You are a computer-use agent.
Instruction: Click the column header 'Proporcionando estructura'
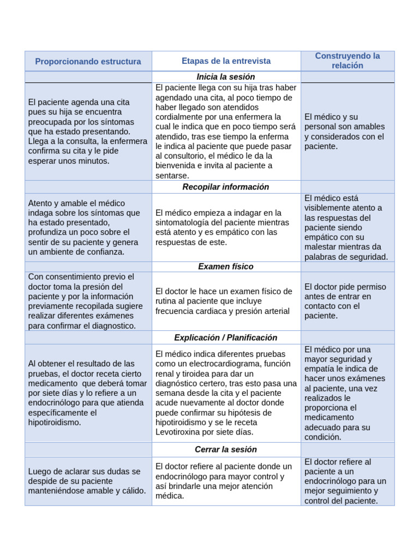tap(88, 61)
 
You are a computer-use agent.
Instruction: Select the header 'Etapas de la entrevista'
tap(226, 61)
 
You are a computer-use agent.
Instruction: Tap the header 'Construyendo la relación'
tap(347, 61)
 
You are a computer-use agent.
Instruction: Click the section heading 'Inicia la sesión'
tap(226, 77)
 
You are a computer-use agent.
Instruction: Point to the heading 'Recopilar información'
tap(226, 187)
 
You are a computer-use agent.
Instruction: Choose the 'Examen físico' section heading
tap(226, 266)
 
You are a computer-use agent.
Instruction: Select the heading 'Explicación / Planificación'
tap(226, 337)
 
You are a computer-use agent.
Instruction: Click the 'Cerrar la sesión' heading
tap(226, 449)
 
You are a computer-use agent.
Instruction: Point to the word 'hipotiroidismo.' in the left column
tap(55, 422)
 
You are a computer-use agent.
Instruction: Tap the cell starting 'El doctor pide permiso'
tap(347, 301)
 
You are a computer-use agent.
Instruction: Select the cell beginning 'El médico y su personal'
tap(347, 132)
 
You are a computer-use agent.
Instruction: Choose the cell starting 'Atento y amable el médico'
tap(88, 227)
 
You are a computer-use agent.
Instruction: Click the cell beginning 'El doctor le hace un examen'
tap(226, 301)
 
